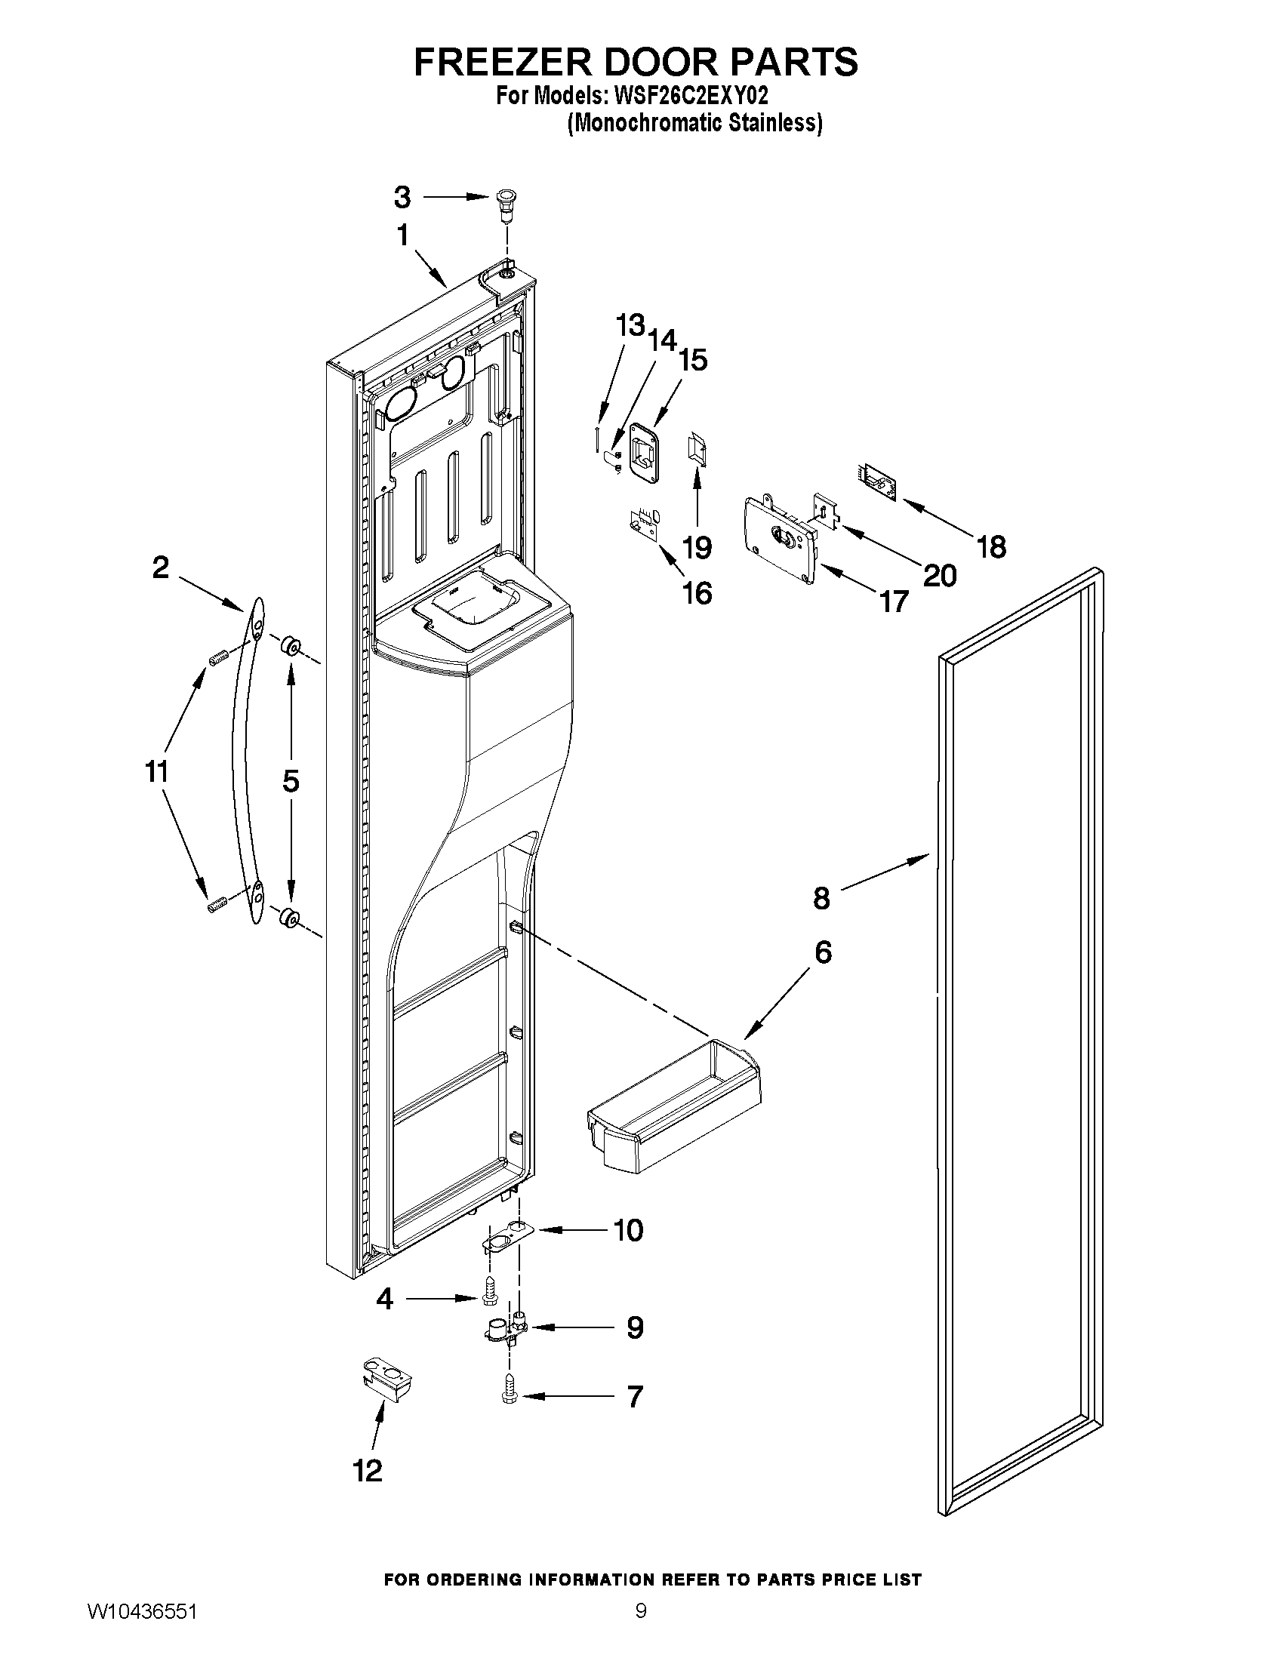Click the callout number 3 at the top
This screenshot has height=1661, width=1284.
[402, 198]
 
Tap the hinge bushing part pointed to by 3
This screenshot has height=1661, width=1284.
[503, 202]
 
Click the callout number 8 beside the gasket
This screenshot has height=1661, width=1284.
[821, 898]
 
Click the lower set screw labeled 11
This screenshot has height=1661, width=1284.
[217, 904]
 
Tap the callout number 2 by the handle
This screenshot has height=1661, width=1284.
[161, 568]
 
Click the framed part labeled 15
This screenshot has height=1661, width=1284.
[643, 451]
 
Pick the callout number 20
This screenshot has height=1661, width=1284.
[940, 576]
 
